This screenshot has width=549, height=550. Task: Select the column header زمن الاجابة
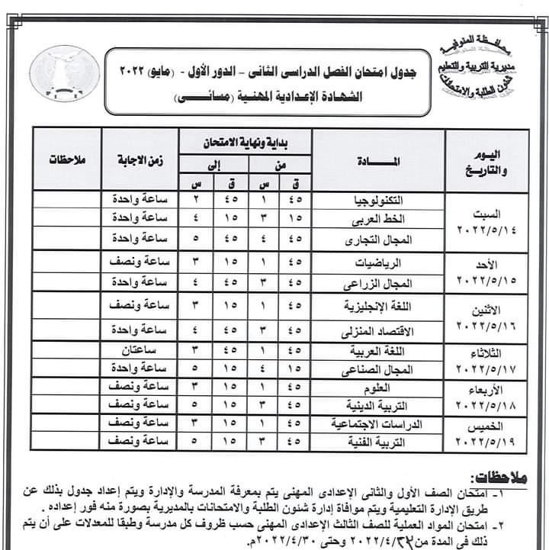click(142, 161)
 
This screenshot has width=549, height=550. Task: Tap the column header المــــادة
click(378, 161)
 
